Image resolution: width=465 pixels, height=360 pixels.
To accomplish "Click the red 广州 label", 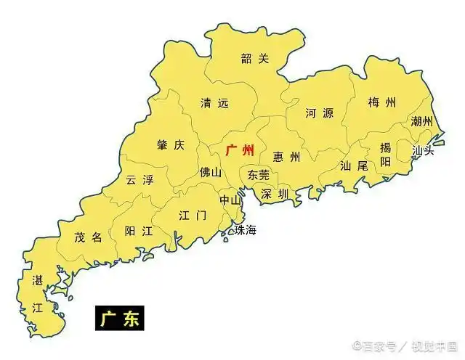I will point(240,150).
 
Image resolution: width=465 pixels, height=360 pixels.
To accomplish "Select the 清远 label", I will point(214,104).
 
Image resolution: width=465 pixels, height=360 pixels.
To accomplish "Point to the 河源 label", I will point(319,113).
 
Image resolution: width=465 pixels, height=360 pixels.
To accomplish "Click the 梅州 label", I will point(382,102).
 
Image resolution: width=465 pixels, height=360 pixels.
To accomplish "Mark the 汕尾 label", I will point(354,165).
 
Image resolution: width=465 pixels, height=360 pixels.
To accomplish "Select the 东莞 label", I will point(258,175).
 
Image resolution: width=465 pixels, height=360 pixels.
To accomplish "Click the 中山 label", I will point(231,199).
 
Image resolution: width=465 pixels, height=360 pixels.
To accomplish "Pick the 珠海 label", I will point(245,230).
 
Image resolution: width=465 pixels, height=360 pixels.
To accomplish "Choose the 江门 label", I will point(193,216).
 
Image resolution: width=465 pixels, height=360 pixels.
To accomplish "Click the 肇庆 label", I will point(171,144).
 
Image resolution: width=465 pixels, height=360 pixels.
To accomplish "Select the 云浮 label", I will point(139,179).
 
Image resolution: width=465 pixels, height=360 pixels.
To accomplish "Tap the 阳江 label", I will point(138,231).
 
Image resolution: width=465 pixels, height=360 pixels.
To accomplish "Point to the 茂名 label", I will point(89,237).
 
